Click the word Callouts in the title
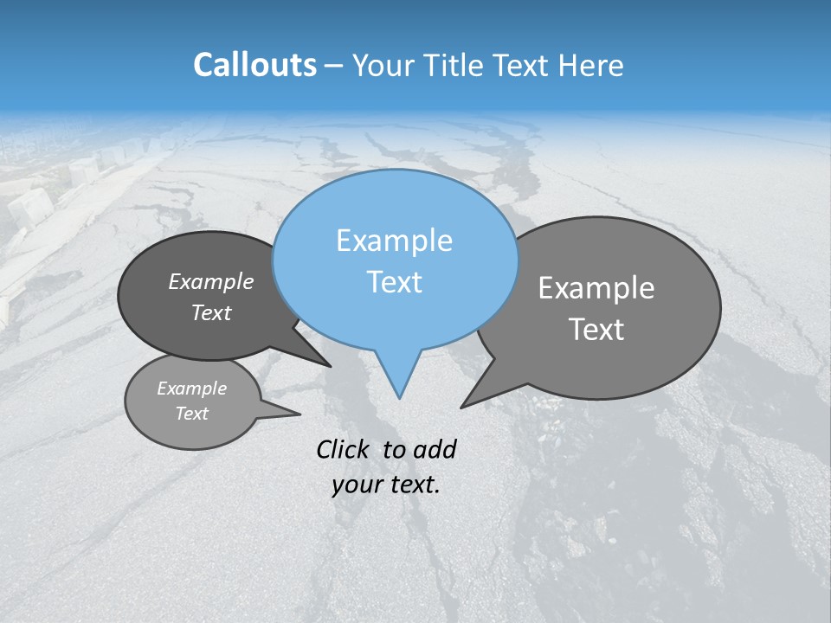pos(254,66)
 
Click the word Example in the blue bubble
pos(394,241)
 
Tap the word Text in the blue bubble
pos(394,282)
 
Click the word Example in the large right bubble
pos(596,288)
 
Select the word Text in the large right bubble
pos(596,330)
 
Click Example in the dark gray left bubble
pos(210,282)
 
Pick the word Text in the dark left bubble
pos(210,313)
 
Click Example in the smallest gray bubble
pos(191,389)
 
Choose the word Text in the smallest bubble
pos(191,414)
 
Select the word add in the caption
pos(434,449)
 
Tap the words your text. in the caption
pos(386,485)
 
